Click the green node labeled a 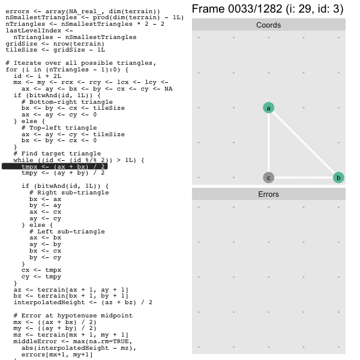[x=268, y=107]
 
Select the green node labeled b [x=338, y=178]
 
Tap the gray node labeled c [x=268, y=178]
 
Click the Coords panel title [x=268, y=25]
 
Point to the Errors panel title [x=268, y=194]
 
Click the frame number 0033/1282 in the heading [x=255, y=9]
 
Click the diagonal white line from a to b [x=304, y=143]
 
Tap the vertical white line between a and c [x=268, y=143]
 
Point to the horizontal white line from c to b [x=304, y=178]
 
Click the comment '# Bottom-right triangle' [x=67, y=102]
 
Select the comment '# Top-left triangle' [x=59, y=128]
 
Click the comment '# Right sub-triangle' [x=69, y=193]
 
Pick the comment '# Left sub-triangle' [x=67, y=232]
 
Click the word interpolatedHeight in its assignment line [x=49, y=302]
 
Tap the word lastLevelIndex [x=33, y=31]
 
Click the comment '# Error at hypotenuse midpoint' [x=73, y=316]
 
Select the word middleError [x=35, y=341]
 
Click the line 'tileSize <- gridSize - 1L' [x=55, y=50]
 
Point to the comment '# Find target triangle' [x=57, y=154]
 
